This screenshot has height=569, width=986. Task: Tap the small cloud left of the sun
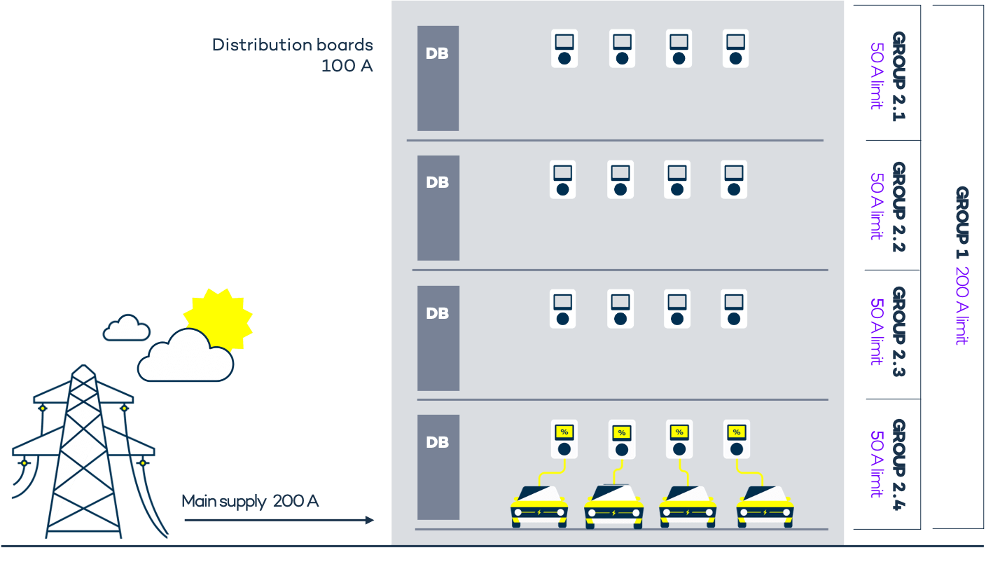(126, 329)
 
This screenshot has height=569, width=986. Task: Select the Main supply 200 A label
(250, 501)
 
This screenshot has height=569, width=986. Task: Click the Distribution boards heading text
(292, 45)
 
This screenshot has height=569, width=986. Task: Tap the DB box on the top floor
(438, 78)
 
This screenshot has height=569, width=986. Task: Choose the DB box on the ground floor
(438, 467)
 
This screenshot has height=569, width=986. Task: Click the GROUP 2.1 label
(898, 76)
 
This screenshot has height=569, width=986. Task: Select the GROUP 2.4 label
(898, 465)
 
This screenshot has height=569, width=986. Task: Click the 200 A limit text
(962, 306)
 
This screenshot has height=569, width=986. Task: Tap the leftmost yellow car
(539, 507)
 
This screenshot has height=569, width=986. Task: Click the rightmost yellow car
(765, 507)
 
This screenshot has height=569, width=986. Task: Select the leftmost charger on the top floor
(564, 48)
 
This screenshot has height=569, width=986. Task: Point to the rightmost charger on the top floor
(735, 48)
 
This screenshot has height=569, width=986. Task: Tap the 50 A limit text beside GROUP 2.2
(875, 206)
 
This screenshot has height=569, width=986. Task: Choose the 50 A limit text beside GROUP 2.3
(875, 331)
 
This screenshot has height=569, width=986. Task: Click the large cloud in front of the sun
(186, 357)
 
